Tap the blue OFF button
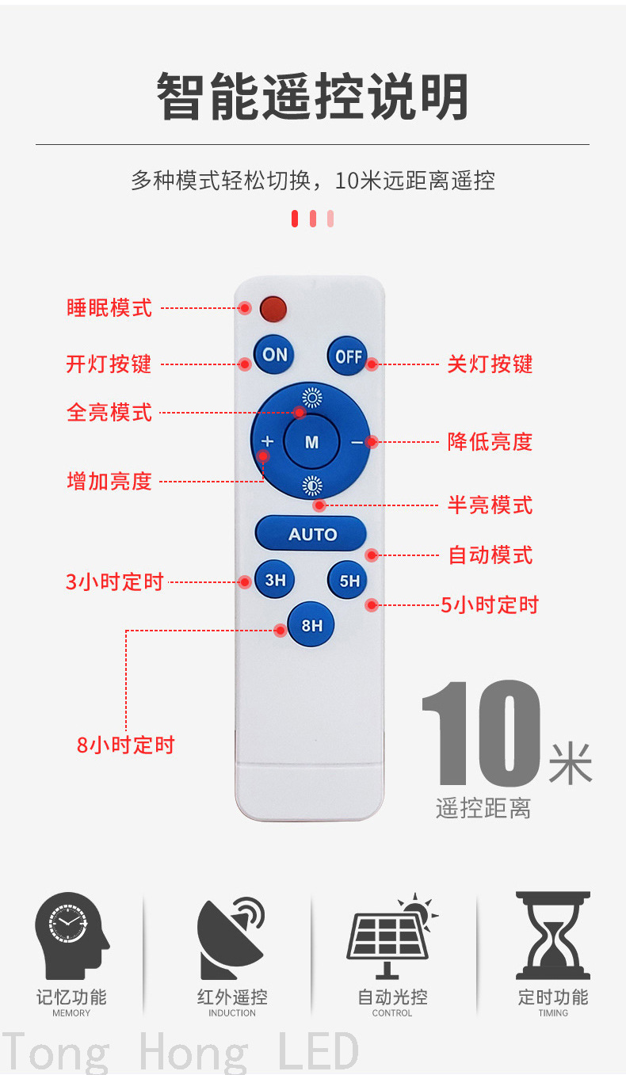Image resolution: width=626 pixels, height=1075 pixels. coord(348,356)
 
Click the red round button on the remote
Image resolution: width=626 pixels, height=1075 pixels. coord(273,309)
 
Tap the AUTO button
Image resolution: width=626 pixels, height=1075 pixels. coord(311,533)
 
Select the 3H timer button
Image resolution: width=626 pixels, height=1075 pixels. coord(275,580)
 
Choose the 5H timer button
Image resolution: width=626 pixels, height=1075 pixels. coord(349,580)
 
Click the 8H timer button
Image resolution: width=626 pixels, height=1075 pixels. coord(311,624)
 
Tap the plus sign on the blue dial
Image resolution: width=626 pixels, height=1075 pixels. coord(267,441)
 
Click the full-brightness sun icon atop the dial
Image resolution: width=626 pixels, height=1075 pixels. coord(312,398)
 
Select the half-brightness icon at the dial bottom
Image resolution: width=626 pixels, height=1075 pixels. coord(312,486)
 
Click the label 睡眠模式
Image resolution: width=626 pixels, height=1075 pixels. coord(109,307)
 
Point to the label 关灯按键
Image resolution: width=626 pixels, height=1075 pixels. coord(490,364)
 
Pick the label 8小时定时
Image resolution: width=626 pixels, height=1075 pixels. coord(126,745)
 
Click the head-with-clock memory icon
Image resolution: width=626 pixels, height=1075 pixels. coord(72,936)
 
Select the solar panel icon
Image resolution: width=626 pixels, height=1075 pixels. coord(391,936)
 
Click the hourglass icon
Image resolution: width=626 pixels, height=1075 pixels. coord(552,936)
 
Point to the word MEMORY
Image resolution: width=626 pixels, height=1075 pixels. coord(71,1012)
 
